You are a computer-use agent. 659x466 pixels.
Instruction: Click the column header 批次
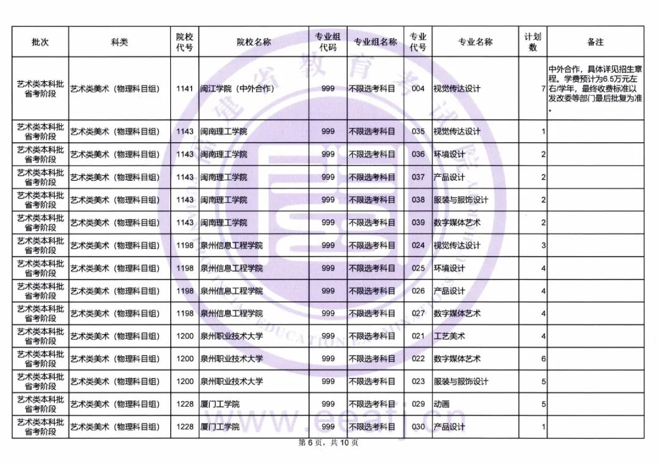coord(40,42)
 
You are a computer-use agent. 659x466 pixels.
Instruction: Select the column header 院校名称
coord(254,42)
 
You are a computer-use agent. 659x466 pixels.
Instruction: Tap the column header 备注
coord(595,42)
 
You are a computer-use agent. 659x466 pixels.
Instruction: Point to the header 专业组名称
coord(375,42)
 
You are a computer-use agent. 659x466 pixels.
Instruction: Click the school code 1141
coord(184,89)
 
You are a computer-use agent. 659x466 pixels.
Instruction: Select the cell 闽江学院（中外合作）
coord(237,89)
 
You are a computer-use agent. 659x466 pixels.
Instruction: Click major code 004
coord(418,89)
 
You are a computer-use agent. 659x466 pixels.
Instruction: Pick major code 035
coord(418,131)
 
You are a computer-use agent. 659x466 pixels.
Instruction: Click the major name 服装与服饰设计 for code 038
coord(461,200)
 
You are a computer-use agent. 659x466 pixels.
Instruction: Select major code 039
coord(418,222)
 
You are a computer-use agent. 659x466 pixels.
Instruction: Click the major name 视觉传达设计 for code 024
coord(456,246)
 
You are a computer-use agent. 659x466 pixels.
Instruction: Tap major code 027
coord(418,313)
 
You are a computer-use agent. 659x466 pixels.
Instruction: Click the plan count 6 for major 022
coord(543,359)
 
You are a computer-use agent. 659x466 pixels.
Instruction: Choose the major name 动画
coord(441,404)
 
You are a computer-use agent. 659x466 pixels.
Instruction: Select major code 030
coord(418,427)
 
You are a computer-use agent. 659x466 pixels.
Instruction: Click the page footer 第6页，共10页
coord(328,443)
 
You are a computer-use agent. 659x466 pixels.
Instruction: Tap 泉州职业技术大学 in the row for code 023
coord(232,382)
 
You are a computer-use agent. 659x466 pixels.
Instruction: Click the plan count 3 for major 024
coord(543,246)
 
